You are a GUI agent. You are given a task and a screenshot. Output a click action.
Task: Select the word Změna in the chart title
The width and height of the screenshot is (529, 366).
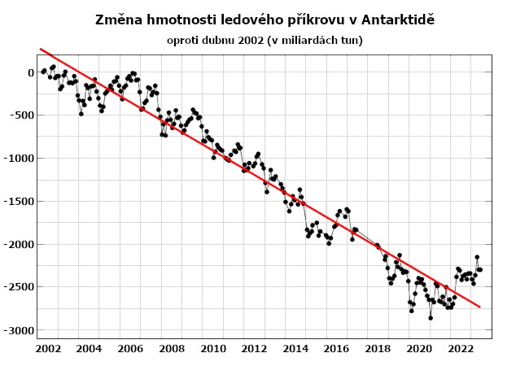coord(118,19)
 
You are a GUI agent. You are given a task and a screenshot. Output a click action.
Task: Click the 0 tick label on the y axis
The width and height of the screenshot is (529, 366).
coord(30,72)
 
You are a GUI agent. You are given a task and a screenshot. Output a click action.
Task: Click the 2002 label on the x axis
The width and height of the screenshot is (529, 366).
coord(47,349)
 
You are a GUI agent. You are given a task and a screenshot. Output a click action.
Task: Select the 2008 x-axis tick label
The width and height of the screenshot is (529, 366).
coord(172,349)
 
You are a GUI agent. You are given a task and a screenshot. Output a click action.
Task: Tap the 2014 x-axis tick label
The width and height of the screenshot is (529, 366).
coord(295,349)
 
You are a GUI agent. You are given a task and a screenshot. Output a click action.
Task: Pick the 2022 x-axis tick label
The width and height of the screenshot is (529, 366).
coord(461,349)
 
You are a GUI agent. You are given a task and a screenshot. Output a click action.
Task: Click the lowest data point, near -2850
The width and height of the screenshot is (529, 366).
coord(431,318)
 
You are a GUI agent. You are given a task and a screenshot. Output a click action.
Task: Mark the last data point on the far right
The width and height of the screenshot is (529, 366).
coord(480,269)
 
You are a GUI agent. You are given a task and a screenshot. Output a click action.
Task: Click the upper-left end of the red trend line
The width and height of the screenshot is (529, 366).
coord(41,50)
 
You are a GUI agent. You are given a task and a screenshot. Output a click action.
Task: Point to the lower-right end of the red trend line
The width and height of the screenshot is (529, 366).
coord(480,307)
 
